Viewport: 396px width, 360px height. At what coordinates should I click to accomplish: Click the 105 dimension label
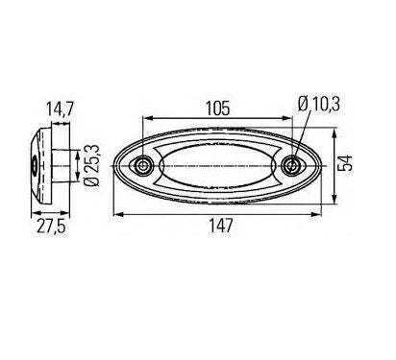[x=218, y=108]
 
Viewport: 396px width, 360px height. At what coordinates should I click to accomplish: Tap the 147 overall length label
[x=221, y=226]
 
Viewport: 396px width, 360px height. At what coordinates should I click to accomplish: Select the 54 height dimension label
[x=345, y=163]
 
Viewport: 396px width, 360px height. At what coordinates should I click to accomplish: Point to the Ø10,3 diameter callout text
[x=318, y=105]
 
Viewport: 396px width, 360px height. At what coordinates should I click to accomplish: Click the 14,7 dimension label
[x=61, y=108]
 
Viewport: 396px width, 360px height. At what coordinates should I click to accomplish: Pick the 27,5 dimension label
[x=51, y=227]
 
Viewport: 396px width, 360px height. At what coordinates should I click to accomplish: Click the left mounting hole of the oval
[x=143, y=165]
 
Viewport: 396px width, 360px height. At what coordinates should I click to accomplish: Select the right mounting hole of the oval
[x=291, y=165]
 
